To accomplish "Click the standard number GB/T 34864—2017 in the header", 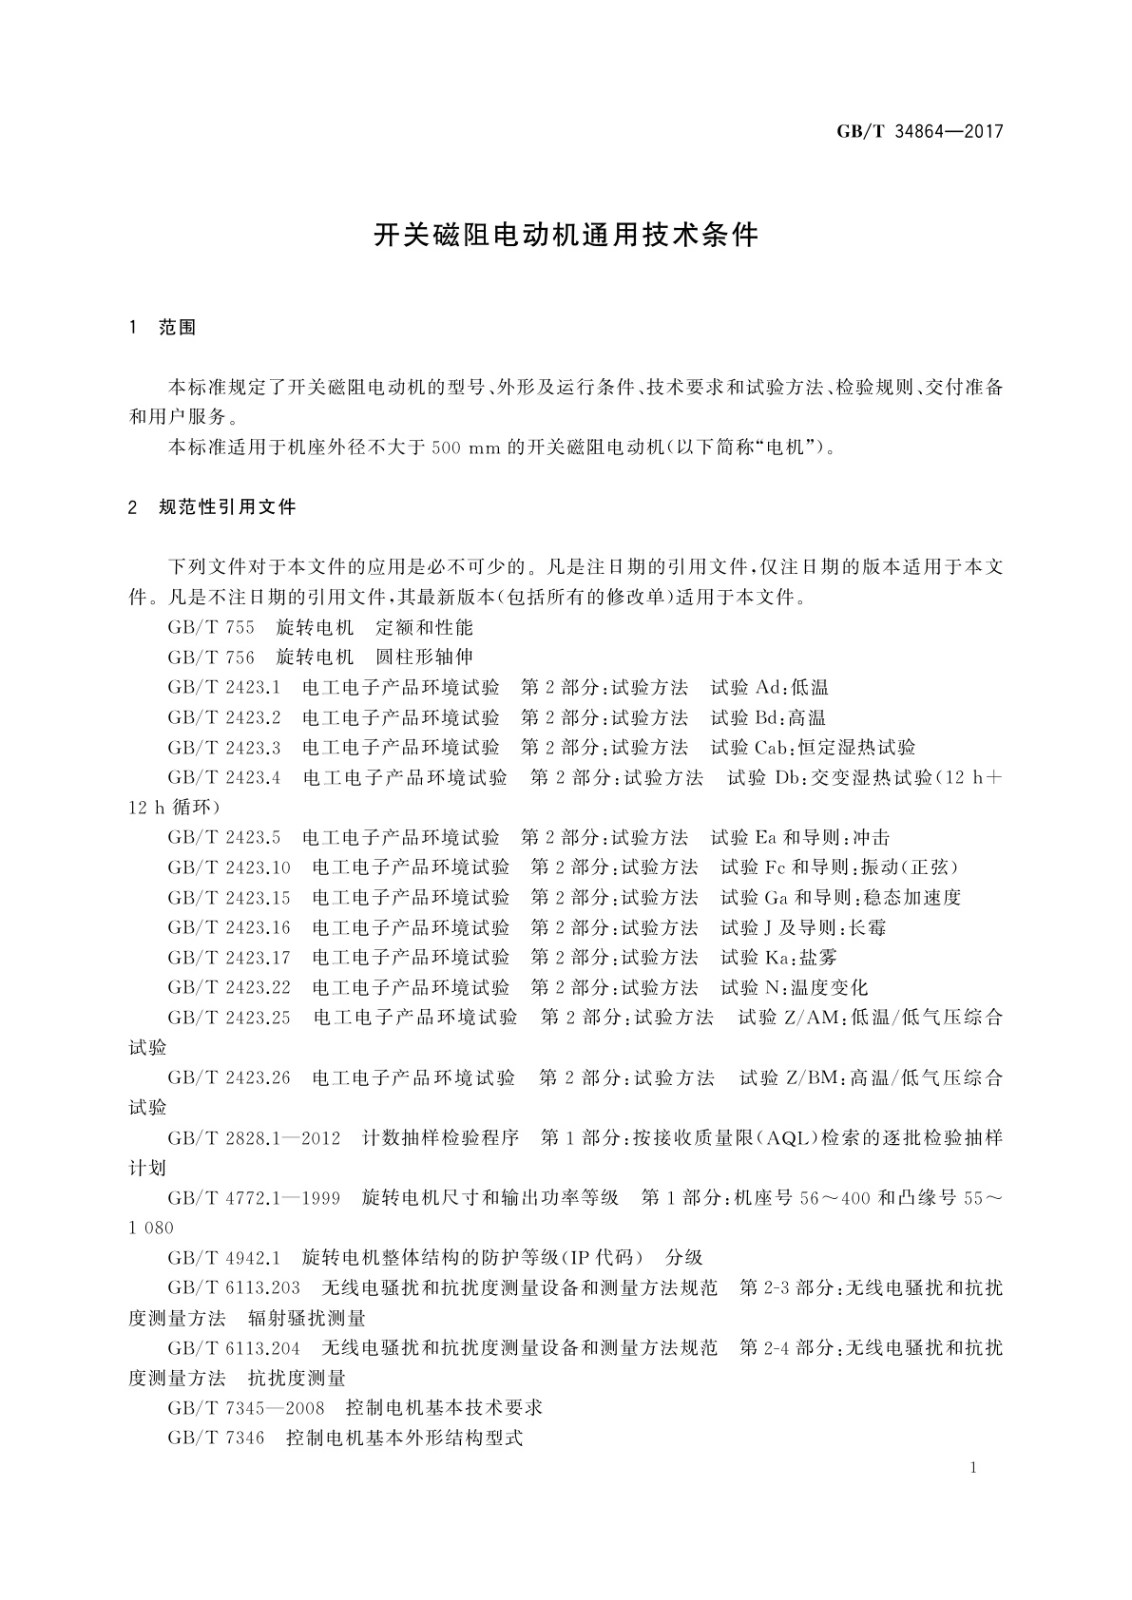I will [919, 132].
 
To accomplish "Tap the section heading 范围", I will [178, 328].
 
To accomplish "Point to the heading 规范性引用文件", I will [228, 507].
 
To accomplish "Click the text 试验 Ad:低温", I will [769, 688].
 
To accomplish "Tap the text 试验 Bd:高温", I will [768, 717].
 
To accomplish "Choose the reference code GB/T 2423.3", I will [224, 748].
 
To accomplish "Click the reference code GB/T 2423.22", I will [229, 988].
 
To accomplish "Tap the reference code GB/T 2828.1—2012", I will [254, 1137].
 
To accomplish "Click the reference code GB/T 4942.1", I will [224, 1258].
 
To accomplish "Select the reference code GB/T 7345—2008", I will [246, 1408].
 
